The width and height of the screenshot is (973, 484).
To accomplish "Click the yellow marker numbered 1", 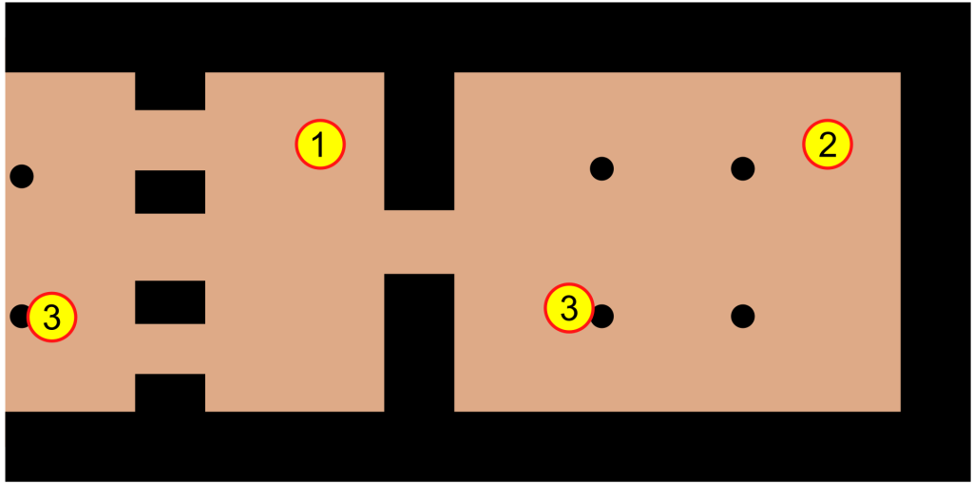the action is pyautogui.click(x=319, y=145).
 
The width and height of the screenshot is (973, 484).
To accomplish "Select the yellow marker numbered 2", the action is pyautogui.click(x=828, y=145).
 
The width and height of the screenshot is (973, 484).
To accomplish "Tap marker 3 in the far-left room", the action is pyautogui.click(x=51, y=317).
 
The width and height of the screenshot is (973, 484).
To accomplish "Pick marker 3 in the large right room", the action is pyautogui.click(x=569, y=308).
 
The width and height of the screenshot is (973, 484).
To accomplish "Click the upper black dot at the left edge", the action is pyautogui.click(x=22, y=177).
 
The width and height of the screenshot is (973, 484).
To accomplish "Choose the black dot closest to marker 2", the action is pyautogui.click(x=743, y=167).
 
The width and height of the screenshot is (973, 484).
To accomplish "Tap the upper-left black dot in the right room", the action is pyautogui.click(x=601, y=167).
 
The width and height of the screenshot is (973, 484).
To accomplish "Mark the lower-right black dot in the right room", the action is pyautogui.click(x=743, y=317).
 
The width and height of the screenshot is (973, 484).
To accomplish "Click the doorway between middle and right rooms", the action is pyautogui.click(x=419, y=242).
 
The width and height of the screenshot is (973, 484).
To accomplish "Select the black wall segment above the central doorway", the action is pyautogui.click(x=419, y=141).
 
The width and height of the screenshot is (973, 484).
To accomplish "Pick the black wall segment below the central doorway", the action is pyautogui.click(x=419, y=342).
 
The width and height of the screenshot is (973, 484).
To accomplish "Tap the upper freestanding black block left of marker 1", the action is pyautogui.click(x=170, y=191).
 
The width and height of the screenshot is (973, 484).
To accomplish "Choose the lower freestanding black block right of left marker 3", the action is pyautogui.click(x=170, y=302).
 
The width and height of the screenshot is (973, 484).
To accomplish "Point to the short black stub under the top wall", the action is pyautogui.click(x=170, y=90).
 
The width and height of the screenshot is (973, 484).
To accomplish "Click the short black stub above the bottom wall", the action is pyautogui.click(x=170, y=393).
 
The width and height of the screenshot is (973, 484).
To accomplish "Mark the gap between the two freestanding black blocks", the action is pyautogui.click(x=170, y=246).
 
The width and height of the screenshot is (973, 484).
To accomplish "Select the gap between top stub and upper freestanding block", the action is pyautogui.click(x=170, y=140).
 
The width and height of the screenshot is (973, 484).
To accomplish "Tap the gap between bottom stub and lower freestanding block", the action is pyautogui.click(x=170, y=349).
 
